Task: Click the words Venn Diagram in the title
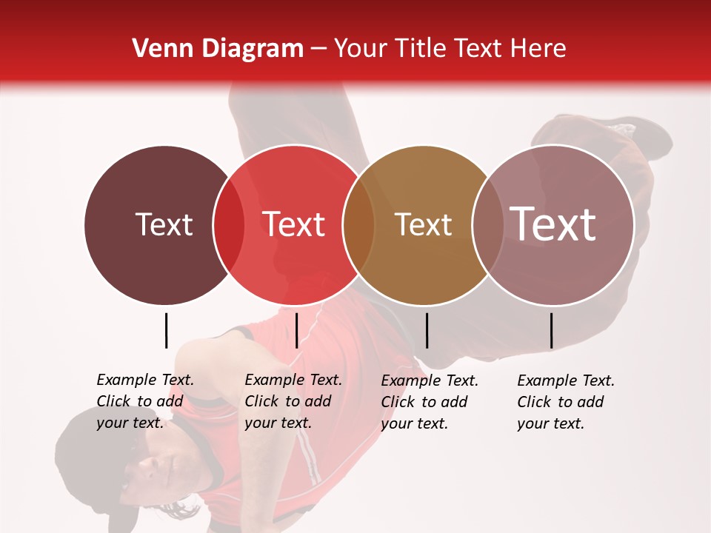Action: click(x=217, y=49)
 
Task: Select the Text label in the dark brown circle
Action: click(x=164, y=224)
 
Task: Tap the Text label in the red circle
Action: click(x=294, y=224)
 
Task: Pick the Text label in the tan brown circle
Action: click(x=423, y=224)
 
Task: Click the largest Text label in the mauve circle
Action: click(x=553, y=224)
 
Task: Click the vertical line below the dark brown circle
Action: click(x=166, y=330)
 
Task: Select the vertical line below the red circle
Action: click(x=296, y=330)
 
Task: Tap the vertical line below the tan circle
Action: click(x=427, y=330)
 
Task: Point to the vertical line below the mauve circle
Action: click(x=551, y=330)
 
